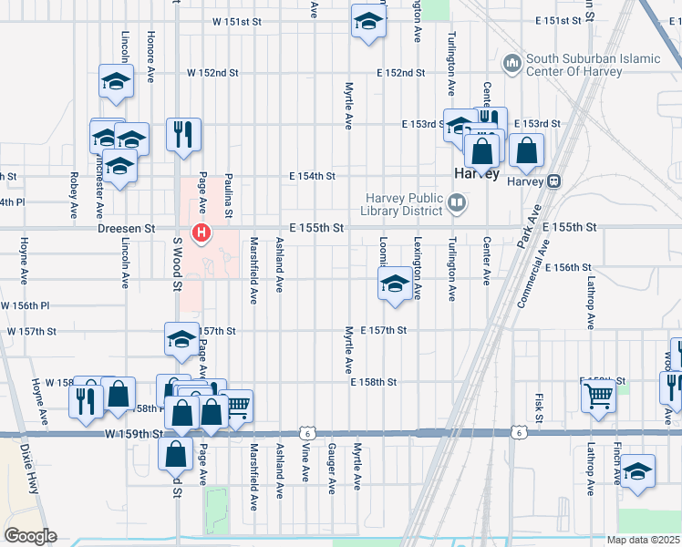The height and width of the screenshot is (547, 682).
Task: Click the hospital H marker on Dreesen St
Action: click(201, 234)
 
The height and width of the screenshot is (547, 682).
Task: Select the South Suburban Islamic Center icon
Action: click(511, 64)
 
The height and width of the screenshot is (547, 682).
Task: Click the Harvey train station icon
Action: click(553, 181)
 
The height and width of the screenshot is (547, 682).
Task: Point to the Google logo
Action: click(29, 536)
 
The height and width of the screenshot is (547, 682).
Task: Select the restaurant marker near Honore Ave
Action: click(183, 134)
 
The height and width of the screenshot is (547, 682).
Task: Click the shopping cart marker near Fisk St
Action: click(598, 396)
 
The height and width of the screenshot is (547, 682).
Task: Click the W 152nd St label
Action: click(212, 72)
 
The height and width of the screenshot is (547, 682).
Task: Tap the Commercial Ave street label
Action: click(534, 273)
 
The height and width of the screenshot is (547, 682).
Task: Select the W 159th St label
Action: click(132, 434)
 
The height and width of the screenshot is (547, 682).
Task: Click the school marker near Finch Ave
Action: click(637, 471)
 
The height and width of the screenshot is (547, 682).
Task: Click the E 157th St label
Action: click(383, 330)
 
